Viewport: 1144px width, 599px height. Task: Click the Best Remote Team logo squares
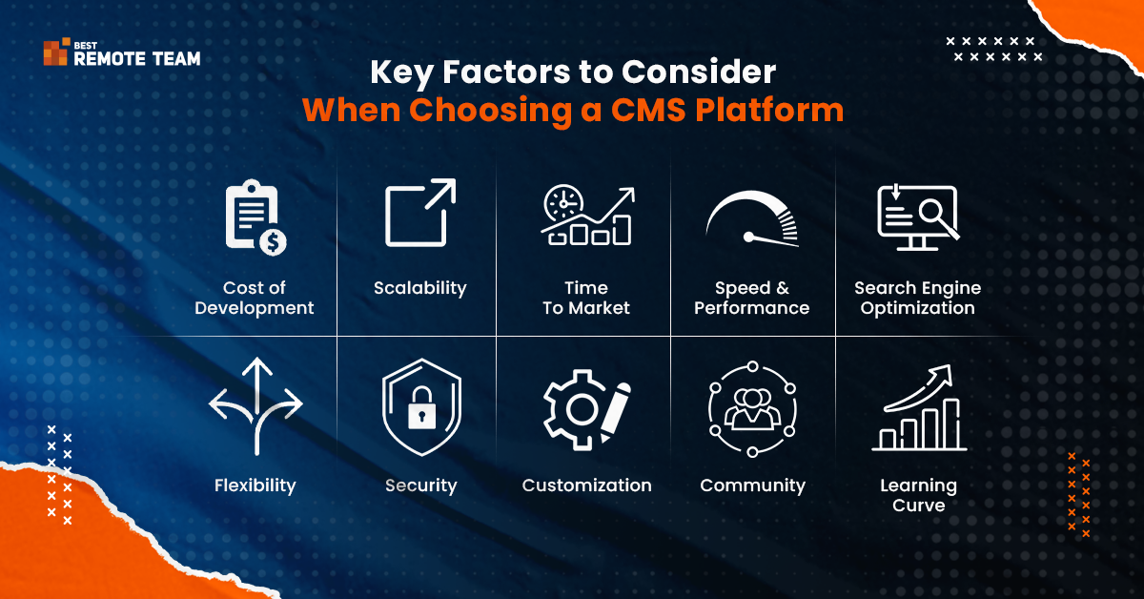[56, 52]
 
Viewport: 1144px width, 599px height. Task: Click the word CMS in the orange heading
[648, 110]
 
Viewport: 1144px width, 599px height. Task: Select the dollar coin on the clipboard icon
[273, 241]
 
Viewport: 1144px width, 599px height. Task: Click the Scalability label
[419, 288]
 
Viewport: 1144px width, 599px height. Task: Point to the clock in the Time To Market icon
[563, 203]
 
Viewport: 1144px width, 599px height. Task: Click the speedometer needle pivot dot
[748, 237]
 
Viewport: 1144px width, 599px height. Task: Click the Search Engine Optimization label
[917, 298]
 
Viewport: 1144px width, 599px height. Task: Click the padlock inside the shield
[421, 408]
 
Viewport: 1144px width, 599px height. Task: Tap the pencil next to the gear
[615, 412]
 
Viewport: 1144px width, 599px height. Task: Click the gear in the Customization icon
[576, 409]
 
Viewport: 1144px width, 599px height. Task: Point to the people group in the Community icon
[752, 408]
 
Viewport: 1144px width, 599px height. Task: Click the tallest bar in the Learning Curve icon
[951, 423]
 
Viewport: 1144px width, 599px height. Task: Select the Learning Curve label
[918, 495]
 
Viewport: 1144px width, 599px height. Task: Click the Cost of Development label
[255, 298]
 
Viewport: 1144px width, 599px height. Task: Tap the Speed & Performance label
[752, 298]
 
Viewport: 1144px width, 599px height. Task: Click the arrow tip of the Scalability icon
[454, 180]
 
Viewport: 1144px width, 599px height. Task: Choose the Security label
[420, 485]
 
